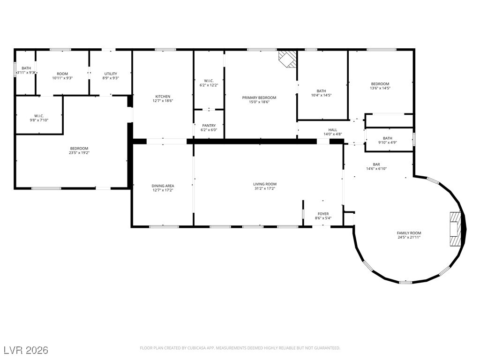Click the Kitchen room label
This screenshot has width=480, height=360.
(x=163, y=97)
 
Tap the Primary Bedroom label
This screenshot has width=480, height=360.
(x=259, y=97)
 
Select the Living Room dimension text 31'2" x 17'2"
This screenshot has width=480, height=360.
(x=265, y=188)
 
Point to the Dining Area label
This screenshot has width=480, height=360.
(x=163, y=186)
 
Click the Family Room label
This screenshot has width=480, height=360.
(x=409, y=233)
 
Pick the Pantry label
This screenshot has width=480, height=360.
(x=209, y=126)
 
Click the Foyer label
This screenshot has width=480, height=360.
(x=323, y=214)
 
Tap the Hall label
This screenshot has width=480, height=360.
(x=333, y=130)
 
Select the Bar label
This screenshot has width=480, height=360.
(x=376, y=165)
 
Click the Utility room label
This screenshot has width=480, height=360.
(x=111, y=74)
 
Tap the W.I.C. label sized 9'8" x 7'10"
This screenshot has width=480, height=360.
(x=39, y=116)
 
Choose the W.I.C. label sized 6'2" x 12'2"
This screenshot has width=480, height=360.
(x=209, y=81)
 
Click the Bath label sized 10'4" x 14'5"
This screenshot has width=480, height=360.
(x=321, y=91)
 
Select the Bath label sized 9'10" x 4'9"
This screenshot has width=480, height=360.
(x=387, y=138)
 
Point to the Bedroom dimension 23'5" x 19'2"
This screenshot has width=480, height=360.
(x=79, y=153)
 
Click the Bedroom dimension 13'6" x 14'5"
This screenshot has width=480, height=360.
(x=380, y=88)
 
